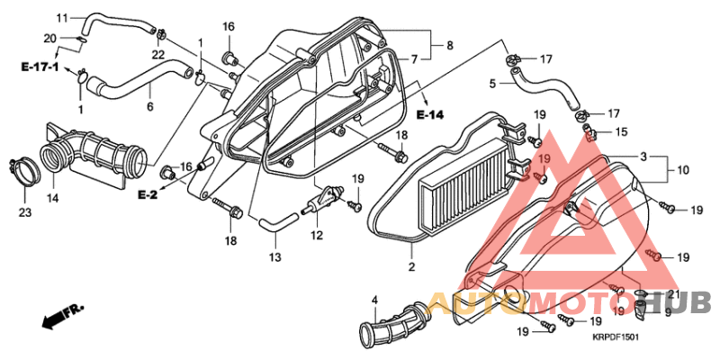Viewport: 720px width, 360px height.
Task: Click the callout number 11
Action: point(62,18)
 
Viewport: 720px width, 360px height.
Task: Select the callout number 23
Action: point(23,212)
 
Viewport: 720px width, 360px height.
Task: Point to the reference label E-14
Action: point(430,116)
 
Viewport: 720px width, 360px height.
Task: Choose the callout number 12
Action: point(316,236)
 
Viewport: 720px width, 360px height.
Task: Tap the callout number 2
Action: point(411,267)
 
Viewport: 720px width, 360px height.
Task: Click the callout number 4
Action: point(375,299)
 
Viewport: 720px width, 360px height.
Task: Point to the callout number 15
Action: point(621,132)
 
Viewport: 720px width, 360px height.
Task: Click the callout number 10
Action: point(683,168)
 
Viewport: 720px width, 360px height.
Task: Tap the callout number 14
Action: point(52,198)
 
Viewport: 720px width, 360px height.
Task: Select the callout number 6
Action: point(149,107)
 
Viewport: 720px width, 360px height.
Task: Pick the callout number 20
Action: point(50,38)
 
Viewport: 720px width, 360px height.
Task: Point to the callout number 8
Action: point(450,44)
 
